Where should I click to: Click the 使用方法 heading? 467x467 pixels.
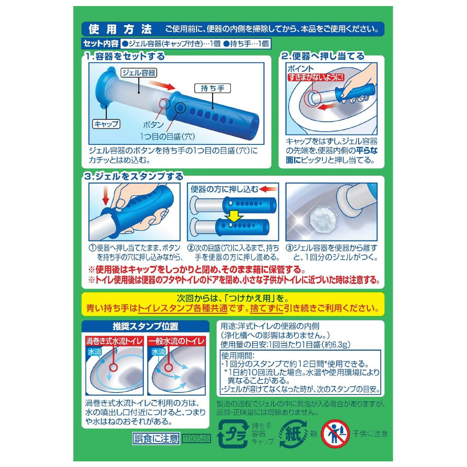(x=120, y=29)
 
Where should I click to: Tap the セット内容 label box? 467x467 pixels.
(x=101, y=44)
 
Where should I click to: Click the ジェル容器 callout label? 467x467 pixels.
(x=139, y=73)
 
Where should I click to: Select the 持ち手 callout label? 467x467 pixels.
(x=212, y=88)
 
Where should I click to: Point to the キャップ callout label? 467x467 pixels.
(x=106, y=124)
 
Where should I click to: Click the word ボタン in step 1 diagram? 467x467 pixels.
(x=153, y=125)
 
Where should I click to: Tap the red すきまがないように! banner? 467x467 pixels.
(x=316, y=77)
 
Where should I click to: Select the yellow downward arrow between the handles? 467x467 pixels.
(x=234, y=216)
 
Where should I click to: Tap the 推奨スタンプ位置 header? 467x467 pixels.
(x=145, y=326)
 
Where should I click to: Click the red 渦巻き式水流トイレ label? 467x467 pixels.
(x=114, y=341)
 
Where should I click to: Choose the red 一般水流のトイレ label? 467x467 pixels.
(x=177, y=341)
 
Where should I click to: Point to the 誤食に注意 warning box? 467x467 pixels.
(x=156, y=439)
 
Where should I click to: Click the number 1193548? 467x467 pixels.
(x=197, y=439)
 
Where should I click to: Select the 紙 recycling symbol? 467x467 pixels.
(x=293, y=434)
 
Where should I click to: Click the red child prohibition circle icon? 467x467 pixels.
(x=336, y=434)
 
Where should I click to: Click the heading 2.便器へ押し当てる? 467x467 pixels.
(x=323, y=57)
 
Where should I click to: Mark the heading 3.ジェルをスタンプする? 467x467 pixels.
(x=134, y=177)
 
